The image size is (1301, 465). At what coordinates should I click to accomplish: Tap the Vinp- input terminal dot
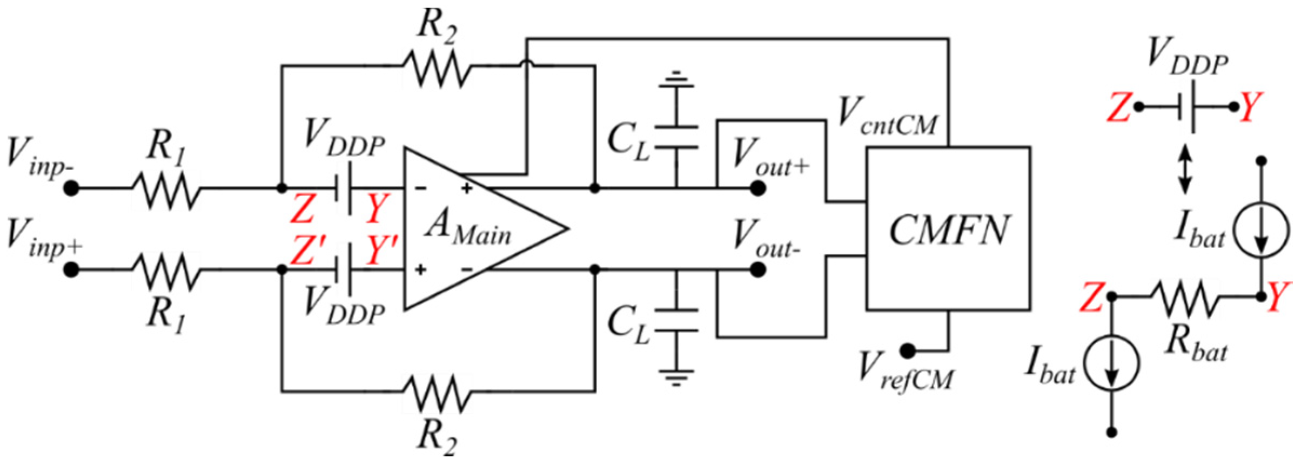click(x=71, y=188)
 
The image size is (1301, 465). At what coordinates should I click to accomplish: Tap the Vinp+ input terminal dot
click(x=71, y=269)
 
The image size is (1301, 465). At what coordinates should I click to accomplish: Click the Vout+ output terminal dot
click(x=757, y=188)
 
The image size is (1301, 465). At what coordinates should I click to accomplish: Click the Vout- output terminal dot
click(x=757, y=269)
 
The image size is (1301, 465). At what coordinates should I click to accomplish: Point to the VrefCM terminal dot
click(x=908, y=351)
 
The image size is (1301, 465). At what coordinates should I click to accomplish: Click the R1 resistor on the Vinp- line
click(x=166, y=189)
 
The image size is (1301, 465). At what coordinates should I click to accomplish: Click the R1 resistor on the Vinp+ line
click(x=166, y=269)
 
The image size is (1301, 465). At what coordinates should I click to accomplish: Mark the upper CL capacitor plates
click(x=676, y=137)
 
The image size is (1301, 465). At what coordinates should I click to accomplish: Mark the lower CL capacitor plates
click(x=676, y=320)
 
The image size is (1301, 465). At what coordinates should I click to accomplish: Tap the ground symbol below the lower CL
click(x=676, y=376)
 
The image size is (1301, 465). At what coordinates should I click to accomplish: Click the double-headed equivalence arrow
click(x=1185, y=169)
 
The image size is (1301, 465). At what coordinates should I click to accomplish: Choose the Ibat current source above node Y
click(x=1261, y=229)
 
